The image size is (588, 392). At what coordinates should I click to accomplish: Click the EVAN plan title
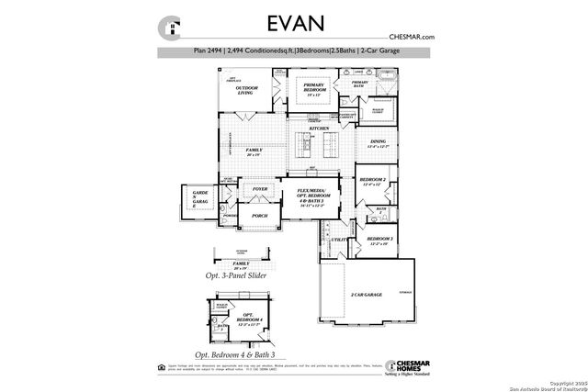pos(294,22)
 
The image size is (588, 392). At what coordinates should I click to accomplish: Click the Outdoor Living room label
pos(246,91)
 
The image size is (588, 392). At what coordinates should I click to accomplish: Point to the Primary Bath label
pos(359,85)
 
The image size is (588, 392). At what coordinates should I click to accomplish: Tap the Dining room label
pos(378,143)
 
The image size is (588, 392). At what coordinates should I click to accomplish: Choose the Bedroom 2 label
pos(371,181)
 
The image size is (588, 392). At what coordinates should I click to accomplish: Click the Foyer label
pos(247,189)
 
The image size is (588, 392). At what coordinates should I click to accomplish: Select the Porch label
pos(247,216)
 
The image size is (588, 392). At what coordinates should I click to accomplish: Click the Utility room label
pos(338,240)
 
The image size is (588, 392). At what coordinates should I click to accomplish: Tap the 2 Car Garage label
pos(365,295)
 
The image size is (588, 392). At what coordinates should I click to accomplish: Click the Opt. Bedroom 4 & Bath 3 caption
pos(235,353)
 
